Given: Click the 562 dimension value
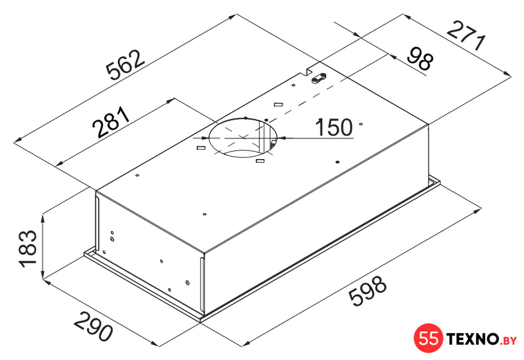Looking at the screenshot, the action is (x=125, y=66).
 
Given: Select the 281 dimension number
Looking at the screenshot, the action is (x=111, y=122).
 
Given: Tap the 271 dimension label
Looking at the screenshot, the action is (x=466, y=36).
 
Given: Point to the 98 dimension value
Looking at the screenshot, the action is (x=420, y=59).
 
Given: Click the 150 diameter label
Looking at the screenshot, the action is (x=334, y=127).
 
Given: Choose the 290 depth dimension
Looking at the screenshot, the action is (x=93, y=326).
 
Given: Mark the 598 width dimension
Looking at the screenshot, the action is (x=367, y=290).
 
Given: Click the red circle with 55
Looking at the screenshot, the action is (x=429, y=338).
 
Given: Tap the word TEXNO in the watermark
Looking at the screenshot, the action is (x=473, y=339).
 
